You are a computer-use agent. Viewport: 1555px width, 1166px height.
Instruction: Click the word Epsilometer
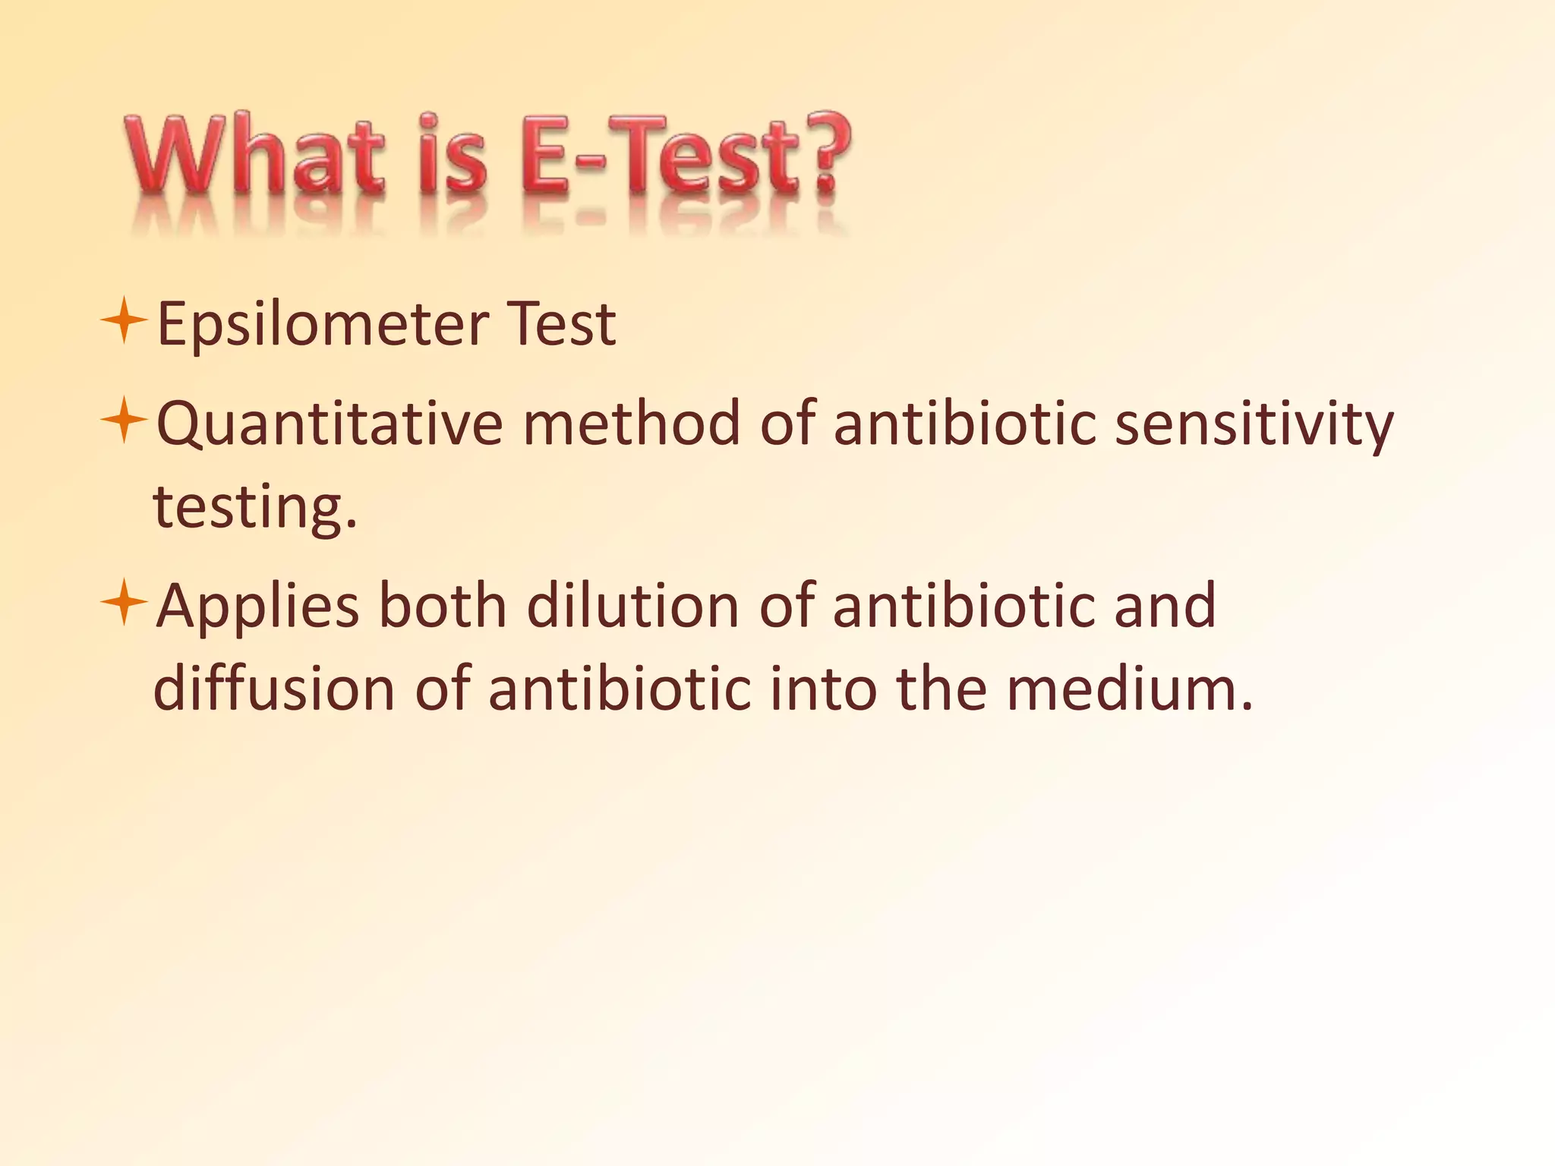pyautogui.click(x=323, y=326)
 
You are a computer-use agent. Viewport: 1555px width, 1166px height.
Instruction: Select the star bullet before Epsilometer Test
pyautogui.click(x=123, y=320)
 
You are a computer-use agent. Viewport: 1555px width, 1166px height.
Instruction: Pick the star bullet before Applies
pyautogui.click(x=123, y=602)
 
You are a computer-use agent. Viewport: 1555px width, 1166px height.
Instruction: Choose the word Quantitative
pyautogui.click(x=330, y=424)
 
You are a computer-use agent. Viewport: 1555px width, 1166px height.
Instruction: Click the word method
pyautogui.click(x=631, y=423)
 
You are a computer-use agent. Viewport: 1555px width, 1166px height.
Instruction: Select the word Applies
pyautogui.click(x=257, y=607)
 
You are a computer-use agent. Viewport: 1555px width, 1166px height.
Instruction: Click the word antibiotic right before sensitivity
pyautogui.click(x=965, y=423)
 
